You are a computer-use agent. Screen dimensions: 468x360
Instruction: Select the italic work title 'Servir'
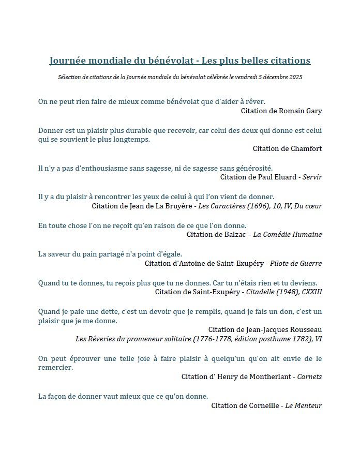point(312,177)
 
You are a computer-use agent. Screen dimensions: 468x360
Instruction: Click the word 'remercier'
point(55,368)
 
